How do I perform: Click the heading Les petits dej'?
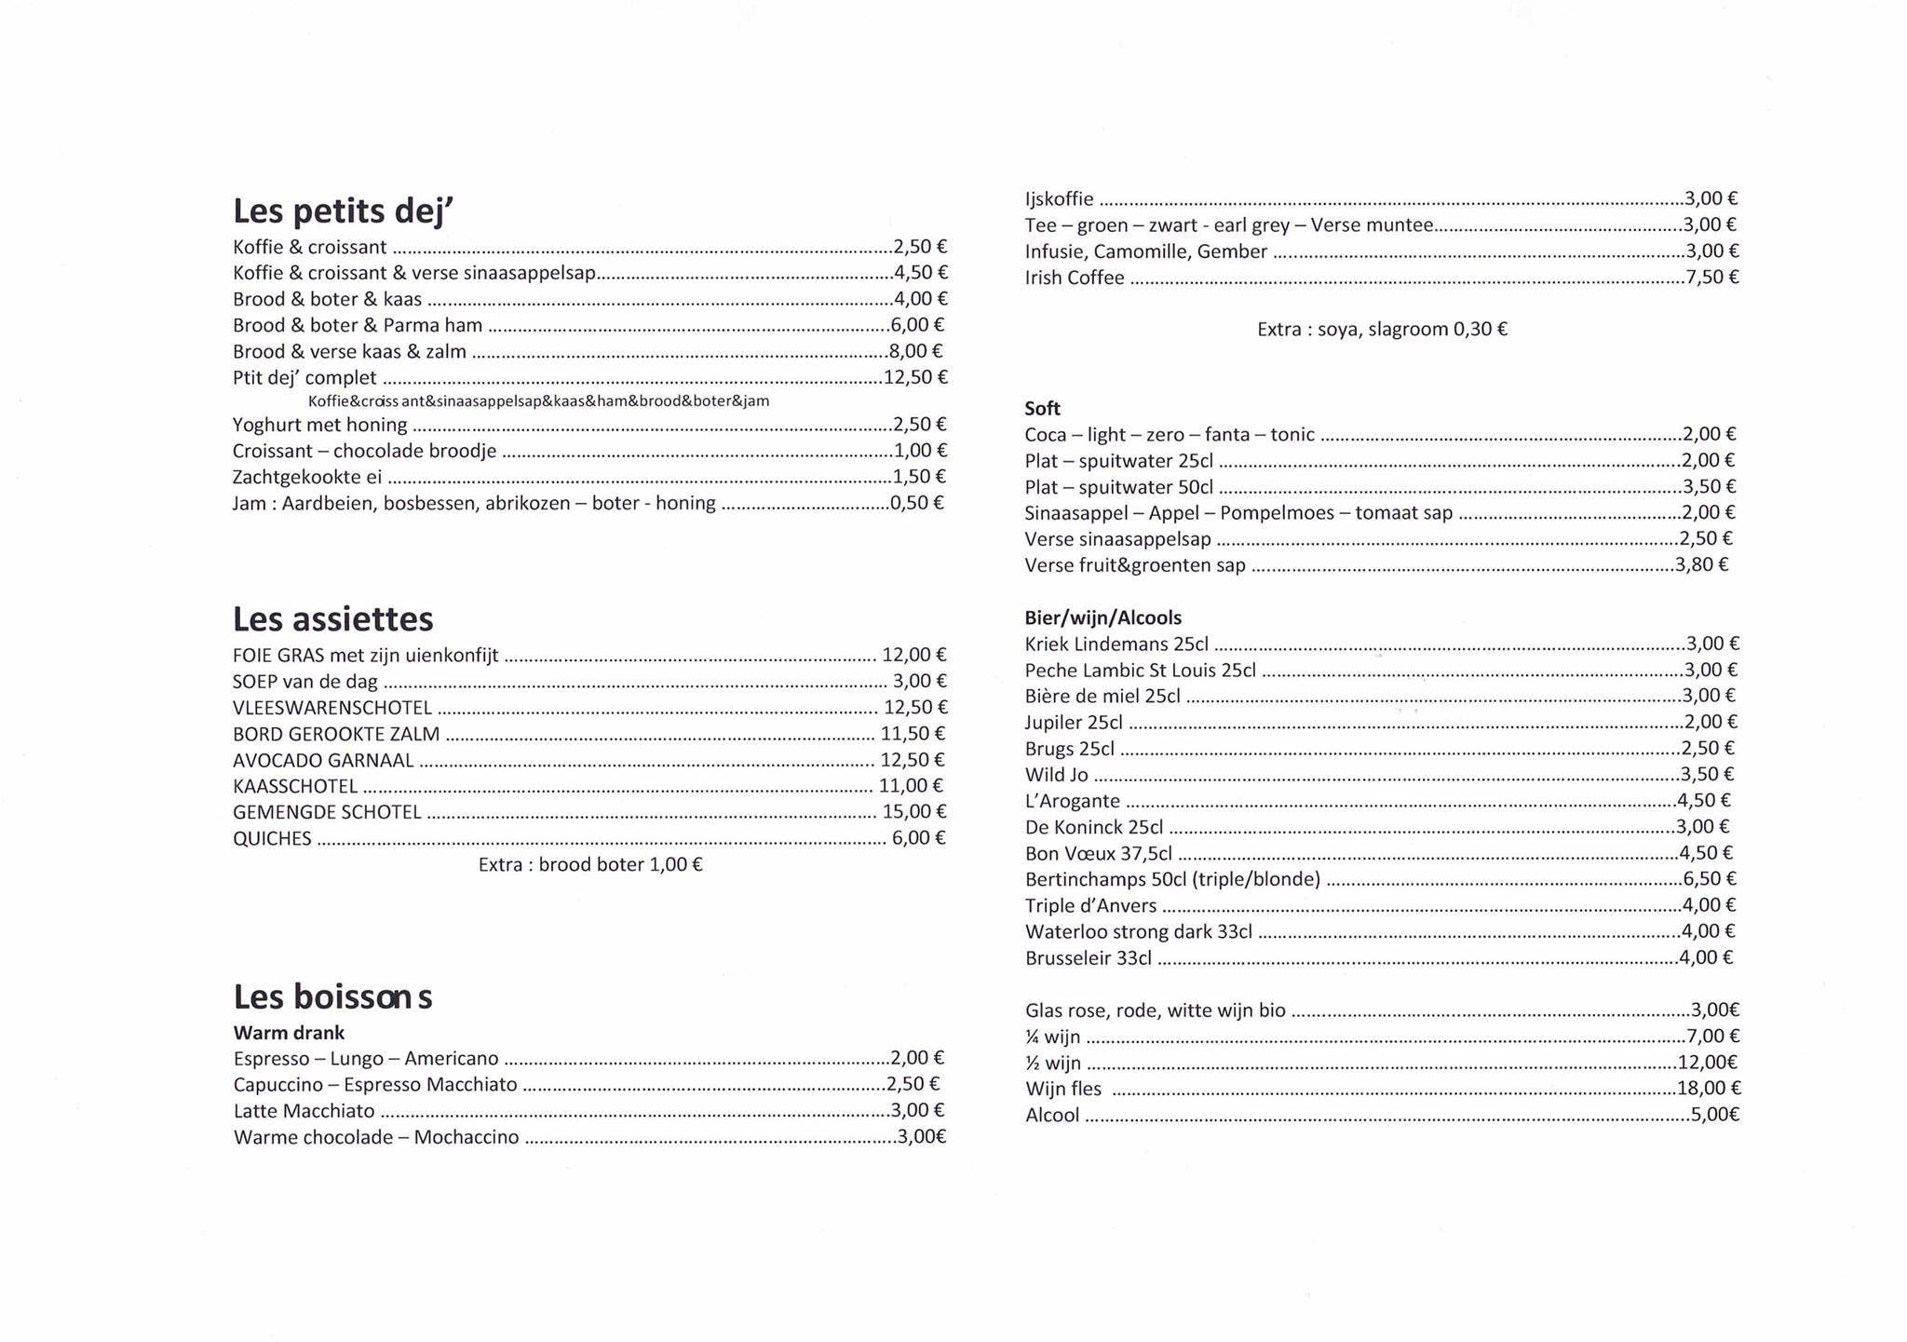coord(343,211)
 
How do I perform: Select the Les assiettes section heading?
coord(332,619)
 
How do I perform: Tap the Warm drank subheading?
coord(289,1033)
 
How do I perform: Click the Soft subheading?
coord(1042,408)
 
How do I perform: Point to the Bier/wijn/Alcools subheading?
coord(1102,617)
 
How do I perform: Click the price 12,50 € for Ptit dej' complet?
coord(915,377)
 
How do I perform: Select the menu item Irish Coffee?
coord(1075,278)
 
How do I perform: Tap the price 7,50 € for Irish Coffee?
coord(1711,277)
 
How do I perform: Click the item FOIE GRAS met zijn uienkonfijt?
coord(366,655)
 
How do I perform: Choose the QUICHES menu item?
coord(272,838)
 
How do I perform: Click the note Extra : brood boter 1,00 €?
coord(590,864)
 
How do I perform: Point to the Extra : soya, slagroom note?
coord(1382,329)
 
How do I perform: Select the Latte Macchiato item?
coord(304,1111)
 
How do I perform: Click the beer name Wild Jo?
coord(1056,775)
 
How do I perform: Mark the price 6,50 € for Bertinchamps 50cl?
coord(1710,879)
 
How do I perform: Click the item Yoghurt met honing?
coord(319,425)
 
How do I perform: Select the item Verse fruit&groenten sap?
coord(1134,565)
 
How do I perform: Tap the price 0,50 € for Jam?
coord(916,503)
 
